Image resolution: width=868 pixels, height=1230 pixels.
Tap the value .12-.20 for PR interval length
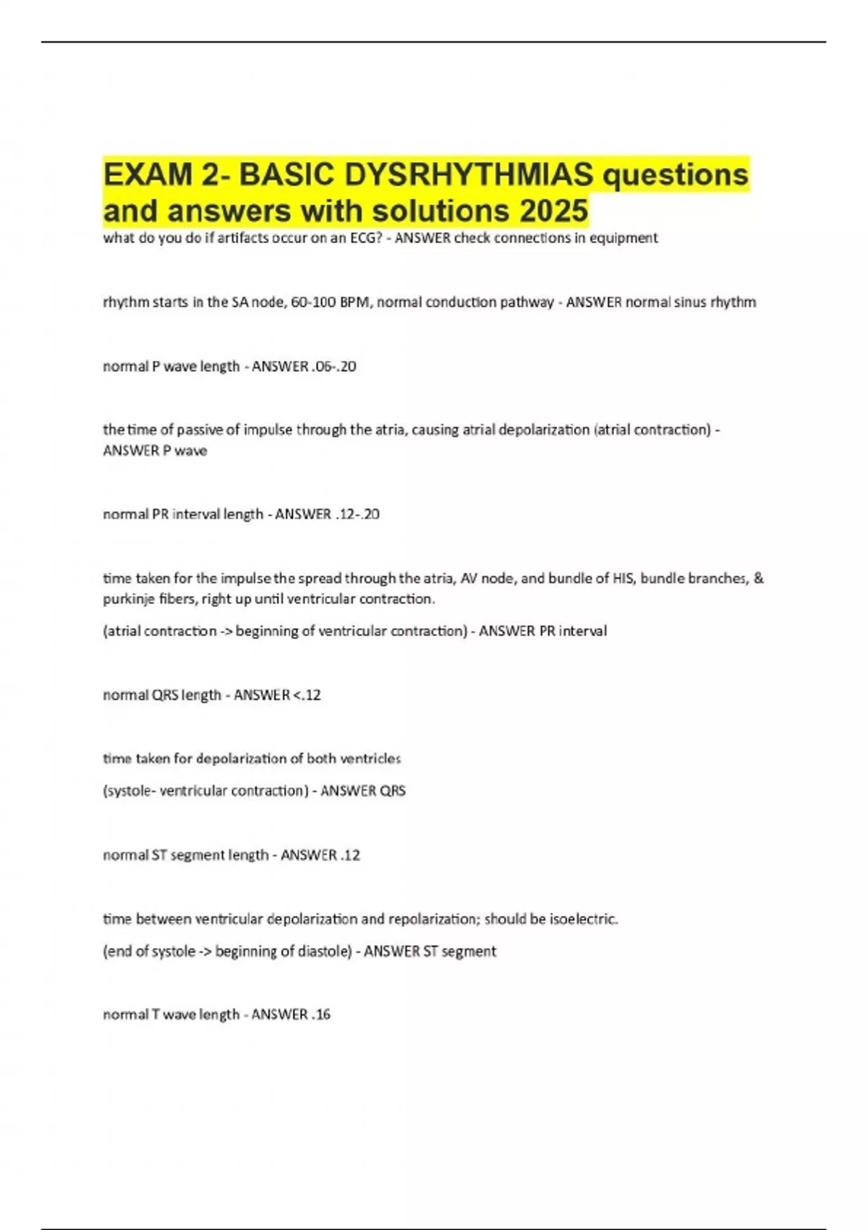click(x=357, y=514)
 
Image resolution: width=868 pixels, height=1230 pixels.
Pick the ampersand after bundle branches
click(x=758, y=578)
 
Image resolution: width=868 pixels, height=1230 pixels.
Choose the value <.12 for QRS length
click(x=307, y=695)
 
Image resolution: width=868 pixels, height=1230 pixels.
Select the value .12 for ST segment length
click(x=349, y=855)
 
